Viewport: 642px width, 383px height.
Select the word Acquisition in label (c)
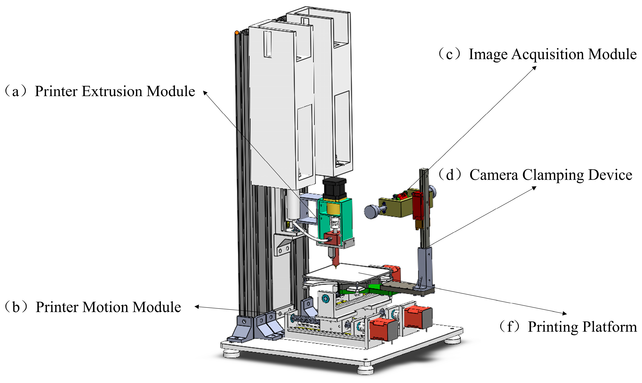(547, 55)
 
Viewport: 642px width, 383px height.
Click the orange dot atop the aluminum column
(237, 33)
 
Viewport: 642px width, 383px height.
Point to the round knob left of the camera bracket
(371, 212)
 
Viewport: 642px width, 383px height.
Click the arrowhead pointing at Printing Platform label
(564, 314)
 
